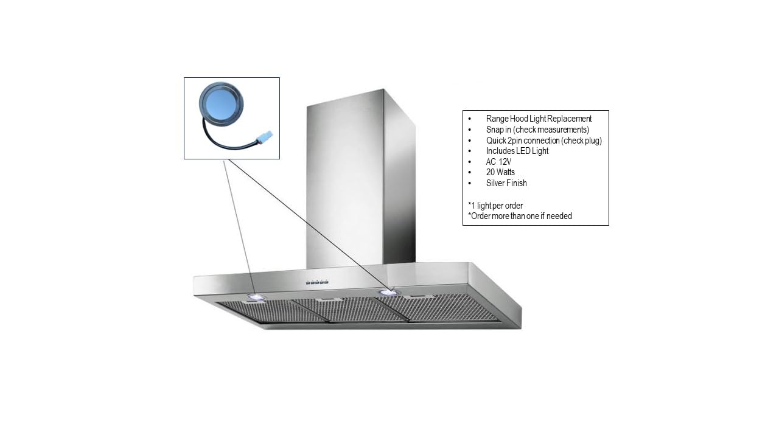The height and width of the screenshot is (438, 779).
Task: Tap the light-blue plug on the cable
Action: [x=264, y=137]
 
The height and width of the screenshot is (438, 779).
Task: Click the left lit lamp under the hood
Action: [x=256, y=297]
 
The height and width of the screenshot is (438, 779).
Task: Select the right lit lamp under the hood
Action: [x=389, y=293]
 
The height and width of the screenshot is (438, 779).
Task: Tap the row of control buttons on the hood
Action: [x=317, y=282]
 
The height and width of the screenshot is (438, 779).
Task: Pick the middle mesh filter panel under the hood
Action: [x=349, y=310]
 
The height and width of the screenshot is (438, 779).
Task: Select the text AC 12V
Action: [x=498, y=162]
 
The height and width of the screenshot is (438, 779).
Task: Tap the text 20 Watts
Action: [x=500, y=172]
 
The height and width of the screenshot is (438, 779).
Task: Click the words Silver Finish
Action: [x=506, y=183]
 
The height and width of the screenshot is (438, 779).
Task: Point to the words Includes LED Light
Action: [x=517, y=151]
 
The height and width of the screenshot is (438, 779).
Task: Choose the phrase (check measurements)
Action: [x=551, y=130]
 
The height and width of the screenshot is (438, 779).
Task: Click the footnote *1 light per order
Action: [x=495, y=206]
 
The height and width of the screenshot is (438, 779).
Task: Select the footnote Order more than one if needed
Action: [x=520, y=216]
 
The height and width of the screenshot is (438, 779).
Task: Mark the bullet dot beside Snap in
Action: [x=470, y=130]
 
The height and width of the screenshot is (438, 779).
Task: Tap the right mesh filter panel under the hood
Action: [x=442, y=307]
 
